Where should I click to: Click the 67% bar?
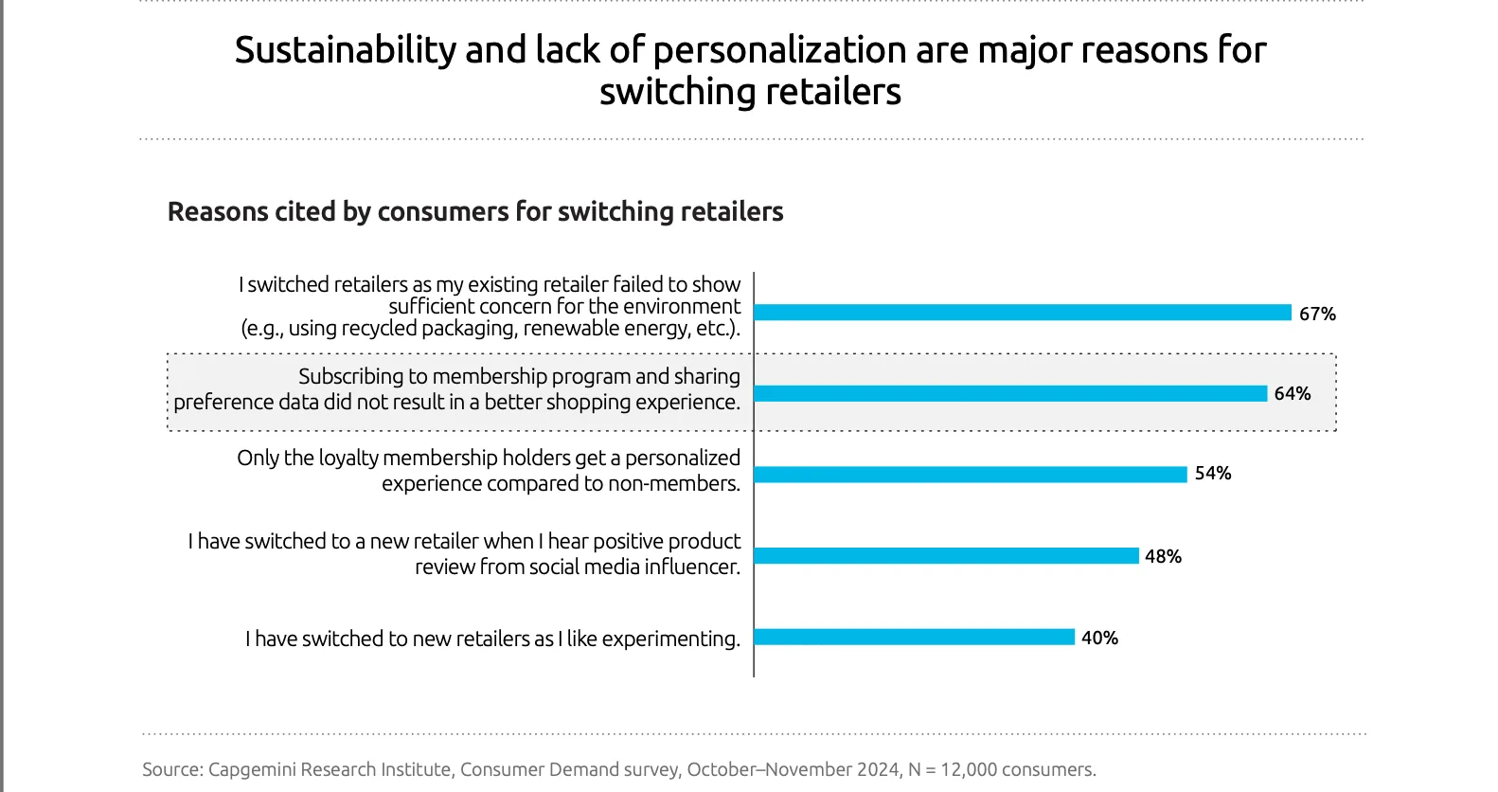(x=1023, y=313)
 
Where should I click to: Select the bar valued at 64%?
(x=1010, y=393)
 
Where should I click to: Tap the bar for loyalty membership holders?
(x=971, y=475)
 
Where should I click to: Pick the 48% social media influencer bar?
(x=946, y=556)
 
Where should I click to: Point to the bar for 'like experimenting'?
(x=914, y=637)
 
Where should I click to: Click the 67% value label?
(x=1317, y=314)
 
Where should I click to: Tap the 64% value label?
(x=1292, y=393)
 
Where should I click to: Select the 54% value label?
(x=1213, y=473)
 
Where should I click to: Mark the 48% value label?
(x=1163, y=556)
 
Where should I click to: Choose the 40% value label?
(x=1099, y=638)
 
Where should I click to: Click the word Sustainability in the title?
(x=345, y=51)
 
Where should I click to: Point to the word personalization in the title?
(x=779, y=51)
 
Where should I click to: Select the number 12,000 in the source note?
(x=969, y=769)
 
